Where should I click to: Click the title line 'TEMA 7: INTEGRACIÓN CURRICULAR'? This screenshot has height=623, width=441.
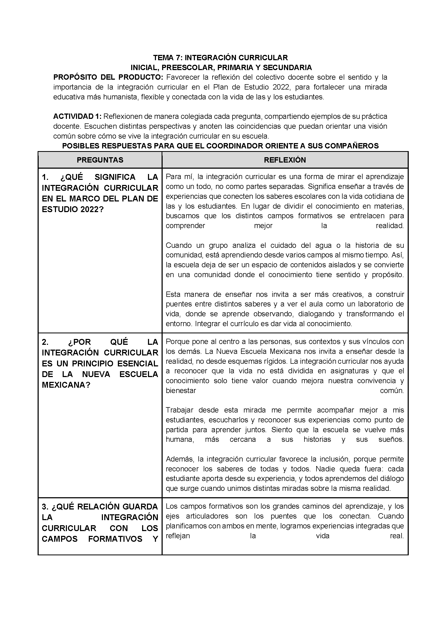pyautogui.click(x=220, y=58)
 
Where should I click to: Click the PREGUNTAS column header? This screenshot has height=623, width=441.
pyautogui.click(x=100, y=160)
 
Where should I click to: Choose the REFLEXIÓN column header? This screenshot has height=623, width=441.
pyautogui.click(x=285, y=160)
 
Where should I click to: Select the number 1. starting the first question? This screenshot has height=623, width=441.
pyautogui.click(x=45, y=177)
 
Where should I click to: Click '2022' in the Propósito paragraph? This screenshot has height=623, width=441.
pyautogui.click(x=282, y=87)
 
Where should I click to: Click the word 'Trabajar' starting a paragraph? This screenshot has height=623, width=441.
pyautogui.click(x=180, y=410)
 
